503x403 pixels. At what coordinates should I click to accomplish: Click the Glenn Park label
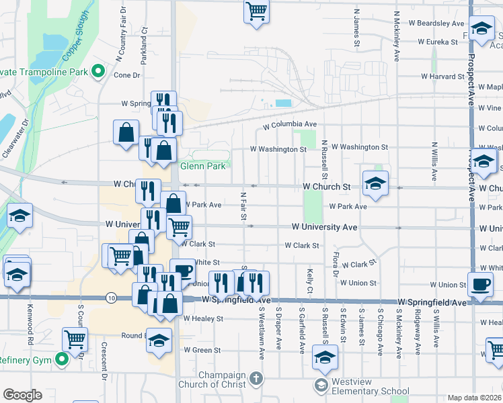coord(202,166)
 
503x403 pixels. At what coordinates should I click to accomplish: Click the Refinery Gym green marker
coord(63,360)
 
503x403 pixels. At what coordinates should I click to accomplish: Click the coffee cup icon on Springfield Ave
coord(481,285)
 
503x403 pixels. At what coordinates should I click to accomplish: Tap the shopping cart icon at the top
coord(256,11)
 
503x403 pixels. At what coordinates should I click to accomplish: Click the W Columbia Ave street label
coord(289,125)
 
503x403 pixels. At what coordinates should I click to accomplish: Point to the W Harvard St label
coord(443,77)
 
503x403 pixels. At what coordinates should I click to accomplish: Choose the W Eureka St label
coord(437,42)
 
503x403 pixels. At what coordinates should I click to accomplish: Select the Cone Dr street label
coord(126,75)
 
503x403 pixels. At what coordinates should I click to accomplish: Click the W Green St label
coord(202,350)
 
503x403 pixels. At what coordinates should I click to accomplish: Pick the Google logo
coord(22,394)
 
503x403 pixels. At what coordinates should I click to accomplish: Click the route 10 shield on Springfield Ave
coord(111,298)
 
